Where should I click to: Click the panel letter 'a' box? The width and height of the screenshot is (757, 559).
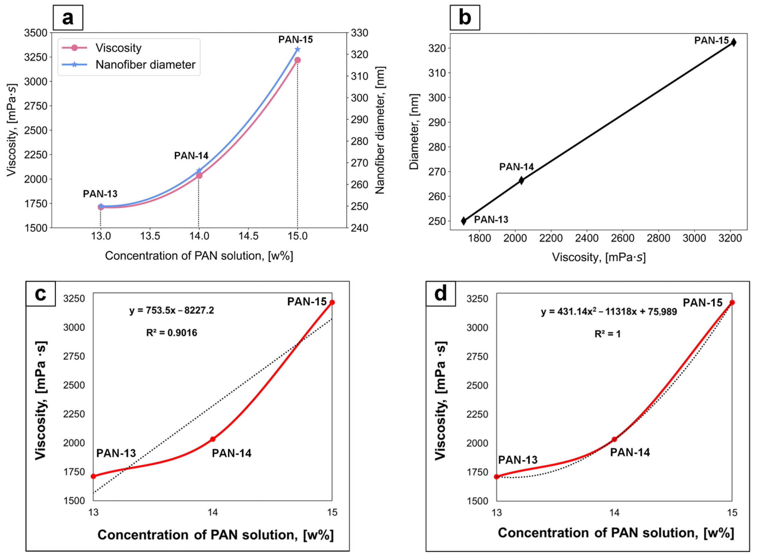pos(68,18)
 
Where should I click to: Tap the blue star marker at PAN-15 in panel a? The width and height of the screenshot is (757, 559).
pos(297,49)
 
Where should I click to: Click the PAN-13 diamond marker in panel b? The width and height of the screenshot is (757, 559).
pos(464,221)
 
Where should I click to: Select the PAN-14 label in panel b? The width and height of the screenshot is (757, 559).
pos(516,167)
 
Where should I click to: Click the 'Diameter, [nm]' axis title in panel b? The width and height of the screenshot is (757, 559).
pos(414,132)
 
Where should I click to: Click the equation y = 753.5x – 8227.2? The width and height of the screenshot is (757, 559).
pos(172,310)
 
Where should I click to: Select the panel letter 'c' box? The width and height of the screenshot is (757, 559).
pos(41,294)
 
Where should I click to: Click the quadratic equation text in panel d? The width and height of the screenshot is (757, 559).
pos(609,312)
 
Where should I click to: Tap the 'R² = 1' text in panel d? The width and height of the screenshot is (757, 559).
pos(608,334)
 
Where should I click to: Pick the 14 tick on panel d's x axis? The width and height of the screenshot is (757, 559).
pos(614,513)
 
